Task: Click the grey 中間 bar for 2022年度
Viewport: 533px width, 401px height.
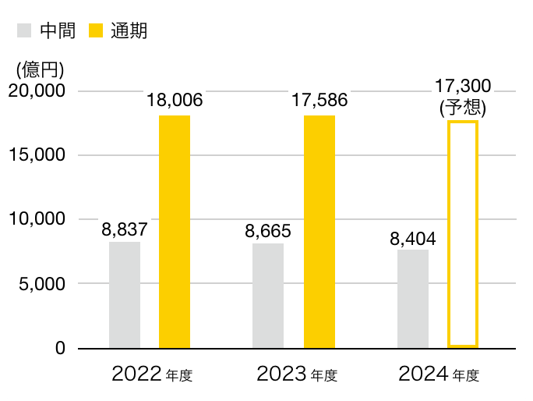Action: pyautogui.click(x=125, y=295)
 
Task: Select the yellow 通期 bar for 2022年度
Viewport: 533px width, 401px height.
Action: pyautogui.click(x=175, y=232)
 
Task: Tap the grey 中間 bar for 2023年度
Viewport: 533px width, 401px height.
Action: pyautogui.click(x=268, y=296)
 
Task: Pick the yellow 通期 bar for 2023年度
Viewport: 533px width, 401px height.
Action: pyautogui.click(x=319, y=232)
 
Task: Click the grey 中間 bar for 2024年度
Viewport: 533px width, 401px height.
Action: pyautogui.click(x=413, y=299)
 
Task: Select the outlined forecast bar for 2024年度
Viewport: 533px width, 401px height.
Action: pyautogui.click(x=463, y=234)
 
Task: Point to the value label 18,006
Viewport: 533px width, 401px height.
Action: pyautogui.click(x=175, y=100)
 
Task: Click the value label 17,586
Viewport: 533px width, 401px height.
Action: pyautogui.click(x=319, y=100)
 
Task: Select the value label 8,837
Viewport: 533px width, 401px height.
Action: pyautogui.click(x=125, y=229)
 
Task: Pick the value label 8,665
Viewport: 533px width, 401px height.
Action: pyautogui.click(x=268, y=231)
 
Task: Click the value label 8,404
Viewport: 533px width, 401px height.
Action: pyautogui.click(x=413, y=237)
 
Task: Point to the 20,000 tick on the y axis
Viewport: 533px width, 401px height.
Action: pyautogui.click(x=36, y=90)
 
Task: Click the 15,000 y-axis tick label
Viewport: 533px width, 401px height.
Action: pyautogui.click(x=36, y=154)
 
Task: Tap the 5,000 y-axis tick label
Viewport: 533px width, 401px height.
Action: pyautogui.click(x=40, y=283)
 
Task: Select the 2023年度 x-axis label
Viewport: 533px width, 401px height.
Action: pyautogui.click(x=297, y=374)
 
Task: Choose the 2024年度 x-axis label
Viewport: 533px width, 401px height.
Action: pyautogui.click(x=439, y=374)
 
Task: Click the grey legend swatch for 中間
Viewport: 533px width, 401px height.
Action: pyautogui.click(x=24, y=31)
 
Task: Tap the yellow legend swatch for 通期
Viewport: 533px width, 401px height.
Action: pyautogui.click(x=97, y=31)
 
